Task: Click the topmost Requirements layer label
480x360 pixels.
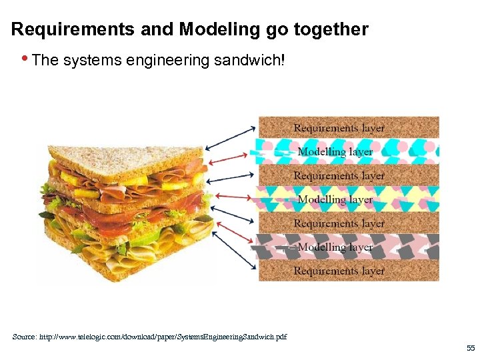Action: click(x=339, y=127)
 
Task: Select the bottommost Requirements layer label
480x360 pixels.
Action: click(x=339, y=271)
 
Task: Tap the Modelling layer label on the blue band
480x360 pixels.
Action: click(x=335, y=151)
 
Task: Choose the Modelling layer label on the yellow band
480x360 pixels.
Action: click(x=335, y=199)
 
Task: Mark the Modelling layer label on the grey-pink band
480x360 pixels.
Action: click(x=335, y=247)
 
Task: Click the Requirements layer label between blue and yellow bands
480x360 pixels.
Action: click(x=339, y=175)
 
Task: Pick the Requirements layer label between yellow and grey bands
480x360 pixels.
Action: click(x=339, y=223)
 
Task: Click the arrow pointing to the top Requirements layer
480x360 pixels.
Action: click(x=231, y=136)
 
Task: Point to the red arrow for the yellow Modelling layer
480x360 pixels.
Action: click(x=233, y=197)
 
